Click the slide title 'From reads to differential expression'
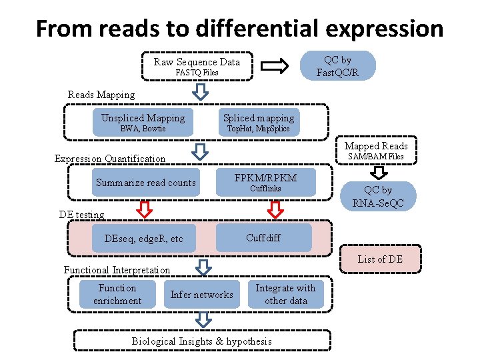tap(239, 28)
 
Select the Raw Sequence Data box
tap(197, 67)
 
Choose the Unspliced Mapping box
tap(143, 123)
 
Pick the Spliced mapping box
tap(258, 123)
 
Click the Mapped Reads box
tap(376, 151)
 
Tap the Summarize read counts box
tap(146, 183)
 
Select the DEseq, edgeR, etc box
tap(143, 239)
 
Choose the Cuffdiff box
tap(264, 238)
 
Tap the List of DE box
tap(380, 259)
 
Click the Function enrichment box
tap(117, 294)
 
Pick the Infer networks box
tap(201, 295)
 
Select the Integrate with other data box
tap(285, 294)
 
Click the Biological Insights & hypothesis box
tap(202, 341)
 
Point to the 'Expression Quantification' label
tap(109, 159)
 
